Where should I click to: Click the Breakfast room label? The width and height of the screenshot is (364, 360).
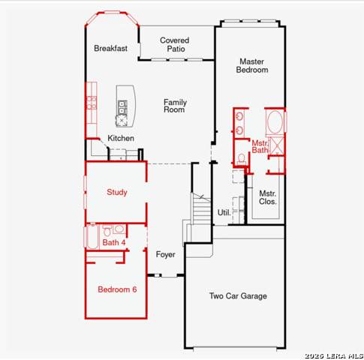110,48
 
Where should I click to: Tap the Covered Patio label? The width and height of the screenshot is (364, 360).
175,44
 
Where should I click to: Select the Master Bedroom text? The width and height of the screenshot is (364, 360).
252,65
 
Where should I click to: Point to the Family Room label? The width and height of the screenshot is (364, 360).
175,106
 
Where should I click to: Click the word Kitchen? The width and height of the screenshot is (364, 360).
121,138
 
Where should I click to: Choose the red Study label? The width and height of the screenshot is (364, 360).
117,192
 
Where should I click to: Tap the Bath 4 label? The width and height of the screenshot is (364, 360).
114,242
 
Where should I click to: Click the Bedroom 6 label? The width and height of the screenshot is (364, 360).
117,289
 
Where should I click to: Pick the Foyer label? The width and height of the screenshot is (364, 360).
165,254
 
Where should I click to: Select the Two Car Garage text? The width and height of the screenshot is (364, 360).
238,296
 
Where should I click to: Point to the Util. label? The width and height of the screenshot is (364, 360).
224,212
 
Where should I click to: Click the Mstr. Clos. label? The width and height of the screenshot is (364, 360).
268,197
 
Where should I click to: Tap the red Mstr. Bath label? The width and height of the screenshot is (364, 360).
260,146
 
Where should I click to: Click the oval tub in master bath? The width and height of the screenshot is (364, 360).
275,122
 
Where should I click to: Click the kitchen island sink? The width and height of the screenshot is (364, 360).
122,107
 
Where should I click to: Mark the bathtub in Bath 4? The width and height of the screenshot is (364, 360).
92,237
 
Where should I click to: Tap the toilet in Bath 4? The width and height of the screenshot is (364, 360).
107,231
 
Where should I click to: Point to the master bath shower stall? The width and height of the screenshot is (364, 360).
277,145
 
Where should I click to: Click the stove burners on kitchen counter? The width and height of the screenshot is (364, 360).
92,103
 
